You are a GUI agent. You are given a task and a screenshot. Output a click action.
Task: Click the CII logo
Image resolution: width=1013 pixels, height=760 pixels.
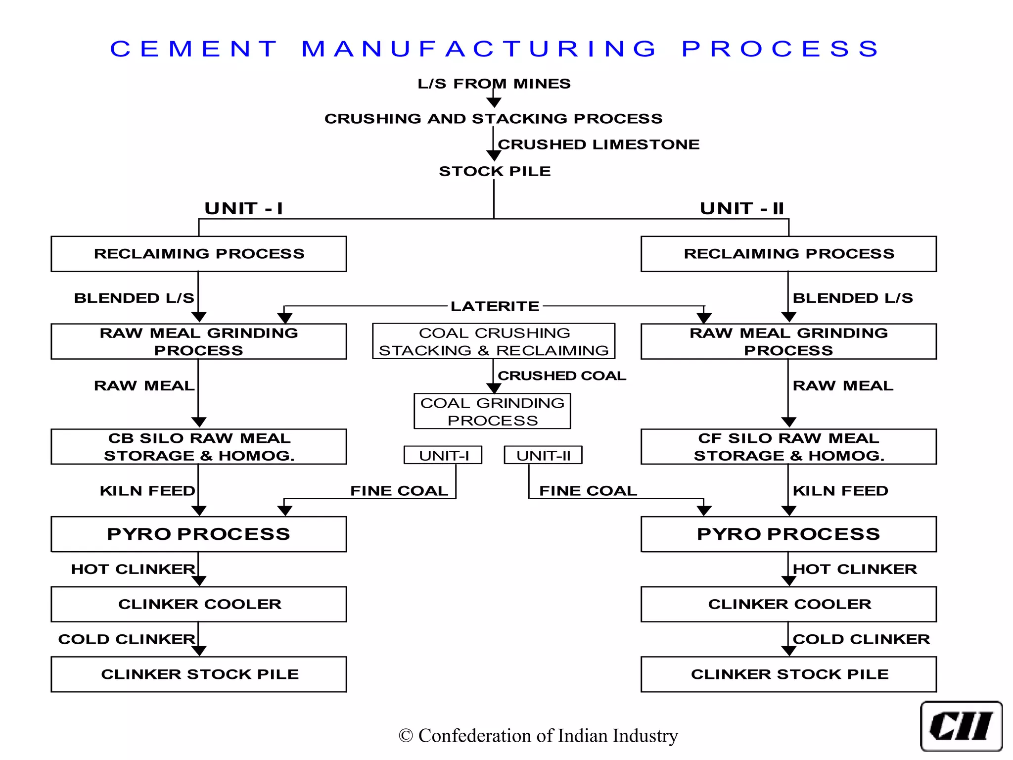961,726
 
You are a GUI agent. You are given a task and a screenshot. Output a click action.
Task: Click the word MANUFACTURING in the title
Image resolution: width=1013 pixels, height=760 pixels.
479,49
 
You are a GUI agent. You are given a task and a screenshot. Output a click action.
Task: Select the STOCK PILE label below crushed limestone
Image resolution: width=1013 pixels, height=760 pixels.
495,171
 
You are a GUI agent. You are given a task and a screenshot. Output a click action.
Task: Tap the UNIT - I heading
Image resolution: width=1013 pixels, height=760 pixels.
244,208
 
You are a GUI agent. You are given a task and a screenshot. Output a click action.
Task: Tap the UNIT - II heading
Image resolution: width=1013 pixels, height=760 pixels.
742,208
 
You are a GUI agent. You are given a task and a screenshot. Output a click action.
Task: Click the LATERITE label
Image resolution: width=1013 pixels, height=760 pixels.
495,306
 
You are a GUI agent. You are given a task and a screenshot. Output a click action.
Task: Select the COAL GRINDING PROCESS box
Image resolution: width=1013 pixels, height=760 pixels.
492,411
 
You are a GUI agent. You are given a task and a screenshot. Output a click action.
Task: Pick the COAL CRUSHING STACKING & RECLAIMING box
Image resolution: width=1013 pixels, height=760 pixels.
494,341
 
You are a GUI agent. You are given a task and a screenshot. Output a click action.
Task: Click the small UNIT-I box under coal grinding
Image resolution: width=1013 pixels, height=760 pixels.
443,455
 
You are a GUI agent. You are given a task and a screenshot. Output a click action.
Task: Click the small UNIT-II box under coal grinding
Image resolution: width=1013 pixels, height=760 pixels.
543,455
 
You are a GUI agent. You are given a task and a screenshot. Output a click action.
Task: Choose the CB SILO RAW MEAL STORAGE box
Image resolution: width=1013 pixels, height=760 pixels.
199,447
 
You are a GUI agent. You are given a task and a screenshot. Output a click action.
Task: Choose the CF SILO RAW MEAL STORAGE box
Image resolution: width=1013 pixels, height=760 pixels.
788,447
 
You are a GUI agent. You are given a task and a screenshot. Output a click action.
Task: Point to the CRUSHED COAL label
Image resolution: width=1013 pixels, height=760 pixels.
562,376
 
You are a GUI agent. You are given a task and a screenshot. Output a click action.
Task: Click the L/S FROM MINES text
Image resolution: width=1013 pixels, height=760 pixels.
494,84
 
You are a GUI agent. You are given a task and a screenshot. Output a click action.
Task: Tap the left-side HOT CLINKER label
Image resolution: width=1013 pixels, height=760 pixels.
133,569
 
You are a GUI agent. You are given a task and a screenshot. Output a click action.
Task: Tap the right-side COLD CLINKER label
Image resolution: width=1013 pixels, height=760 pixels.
861,639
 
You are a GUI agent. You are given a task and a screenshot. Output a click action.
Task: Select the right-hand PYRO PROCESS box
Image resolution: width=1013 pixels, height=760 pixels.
788,534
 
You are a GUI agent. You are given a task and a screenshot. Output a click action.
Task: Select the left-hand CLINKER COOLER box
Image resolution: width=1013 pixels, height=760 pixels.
199,604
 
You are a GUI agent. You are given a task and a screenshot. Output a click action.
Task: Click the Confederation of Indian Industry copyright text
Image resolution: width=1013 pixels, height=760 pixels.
538,736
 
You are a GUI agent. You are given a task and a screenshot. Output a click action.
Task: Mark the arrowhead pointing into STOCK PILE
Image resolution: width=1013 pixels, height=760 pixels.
494,156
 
